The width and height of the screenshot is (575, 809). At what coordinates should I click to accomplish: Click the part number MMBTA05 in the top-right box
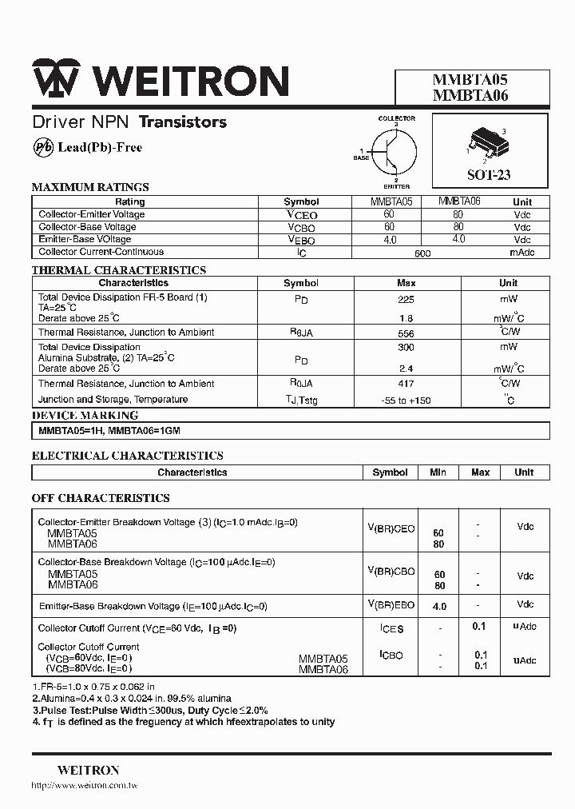pyautogui.click(x=470, y=80)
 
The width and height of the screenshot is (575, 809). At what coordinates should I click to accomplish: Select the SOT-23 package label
pyautogui.click(x=489, y=175)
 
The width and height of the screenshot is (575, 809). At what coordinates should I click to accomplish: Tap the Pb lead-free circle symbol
pyautogui.click(x=43, y=147)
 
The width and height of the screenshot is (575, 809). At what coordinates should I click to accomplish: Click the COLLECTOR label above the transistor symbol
pyautogui.click(x=396, y=119)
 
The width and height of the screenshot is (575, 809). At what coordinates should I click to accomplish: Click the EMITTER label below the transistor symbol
pyautogui.click(x=396, y=186)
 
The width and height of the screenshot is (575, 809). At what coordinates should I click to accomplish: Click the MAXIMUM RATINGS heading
pyautogui.click(x=90, y=187)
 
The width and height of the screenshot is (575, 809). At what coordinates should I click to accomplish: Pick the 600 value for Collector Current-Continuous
pyautogui.click(x=422, y=253)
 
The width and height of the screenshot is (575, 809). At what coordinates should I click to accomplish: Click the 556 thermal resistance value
pyautogui.click(x=406, y=333)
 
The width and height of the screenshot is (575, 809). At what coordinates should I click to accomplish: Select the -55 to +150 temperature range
pyautogui.click(x=406, y=401)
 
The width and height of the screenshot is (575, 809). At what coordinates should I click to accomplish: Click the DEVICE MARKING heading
pyautogui.click(x=85, y=416)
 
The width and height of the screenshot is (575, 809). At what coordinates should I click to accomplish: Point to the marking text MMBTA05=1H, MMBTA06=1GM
pyautogui.click(x=110, y=431)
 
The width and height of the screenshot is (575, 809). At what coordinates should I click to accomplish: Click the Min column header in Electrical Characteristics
pyautogui.click(x=438, y=472)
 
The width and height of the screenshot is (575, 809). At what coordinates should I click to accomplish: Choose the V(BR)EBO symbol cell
pyautogui.click(x=391, y=604)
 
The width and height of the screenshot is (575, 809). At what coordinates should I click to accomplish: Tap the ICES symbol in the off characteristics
pyautogui.click(x=391, y=629)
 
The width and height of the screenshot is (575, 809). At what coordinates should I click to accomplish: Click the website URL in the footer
pyautogui.click(x=85, y=787)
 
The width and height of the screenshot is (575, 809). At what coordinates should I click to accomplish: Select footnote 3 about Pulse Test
pyautogui.click(x=150, y=710)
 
